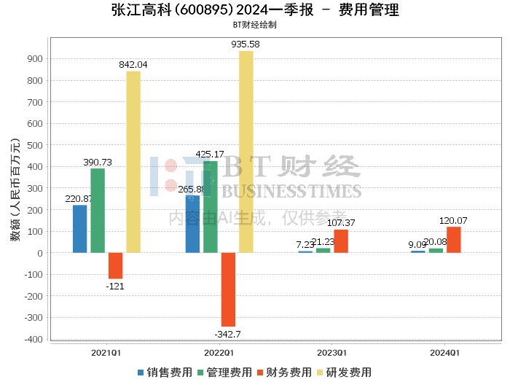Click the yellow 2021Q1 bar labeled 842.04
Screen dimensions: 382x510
(133, 162)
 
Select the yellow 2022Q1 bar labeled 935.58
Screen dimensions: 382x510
(246, 152)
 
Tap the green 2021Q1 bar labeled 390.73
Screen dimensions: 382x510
(98, 211)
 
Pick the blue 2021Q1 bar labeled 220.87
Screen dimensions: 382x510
(80, 229)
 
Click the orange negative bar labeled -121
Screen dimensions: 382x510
(115, 265)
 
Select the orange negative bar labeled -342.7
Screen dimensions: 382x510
(228, 289)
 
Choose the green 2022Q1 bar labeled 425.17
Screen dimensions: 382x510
(211, 207)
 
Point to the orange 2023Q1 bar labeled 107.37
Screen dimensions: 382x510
(341, 241)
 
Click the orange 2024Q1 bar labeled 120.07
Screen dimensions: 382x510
(454, 240)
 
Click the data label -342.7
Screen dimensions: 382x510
(228, 334)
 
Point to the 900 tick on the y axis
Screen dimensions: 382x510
(34, 58)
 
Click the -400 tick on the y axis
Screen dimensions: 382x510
(32, 339)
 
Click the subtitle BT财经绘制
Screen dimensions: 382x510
(254, 24)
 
